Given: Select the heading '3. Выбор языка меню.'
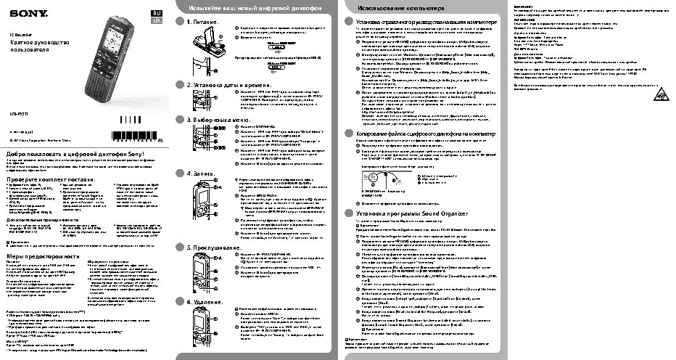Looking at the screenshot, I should click(x=218, y=119).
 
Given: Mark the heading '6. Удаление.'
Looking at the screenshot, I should click(x=206, y=301).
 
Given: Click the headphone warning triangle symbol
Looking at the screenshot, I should click(x=660, y=94).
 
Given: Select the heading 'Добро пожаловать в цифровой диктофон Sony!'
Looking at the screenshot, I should click(x=76, y=155).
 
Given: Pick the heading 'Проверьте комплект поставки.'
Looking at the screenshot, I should click(x=51, y=179).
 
